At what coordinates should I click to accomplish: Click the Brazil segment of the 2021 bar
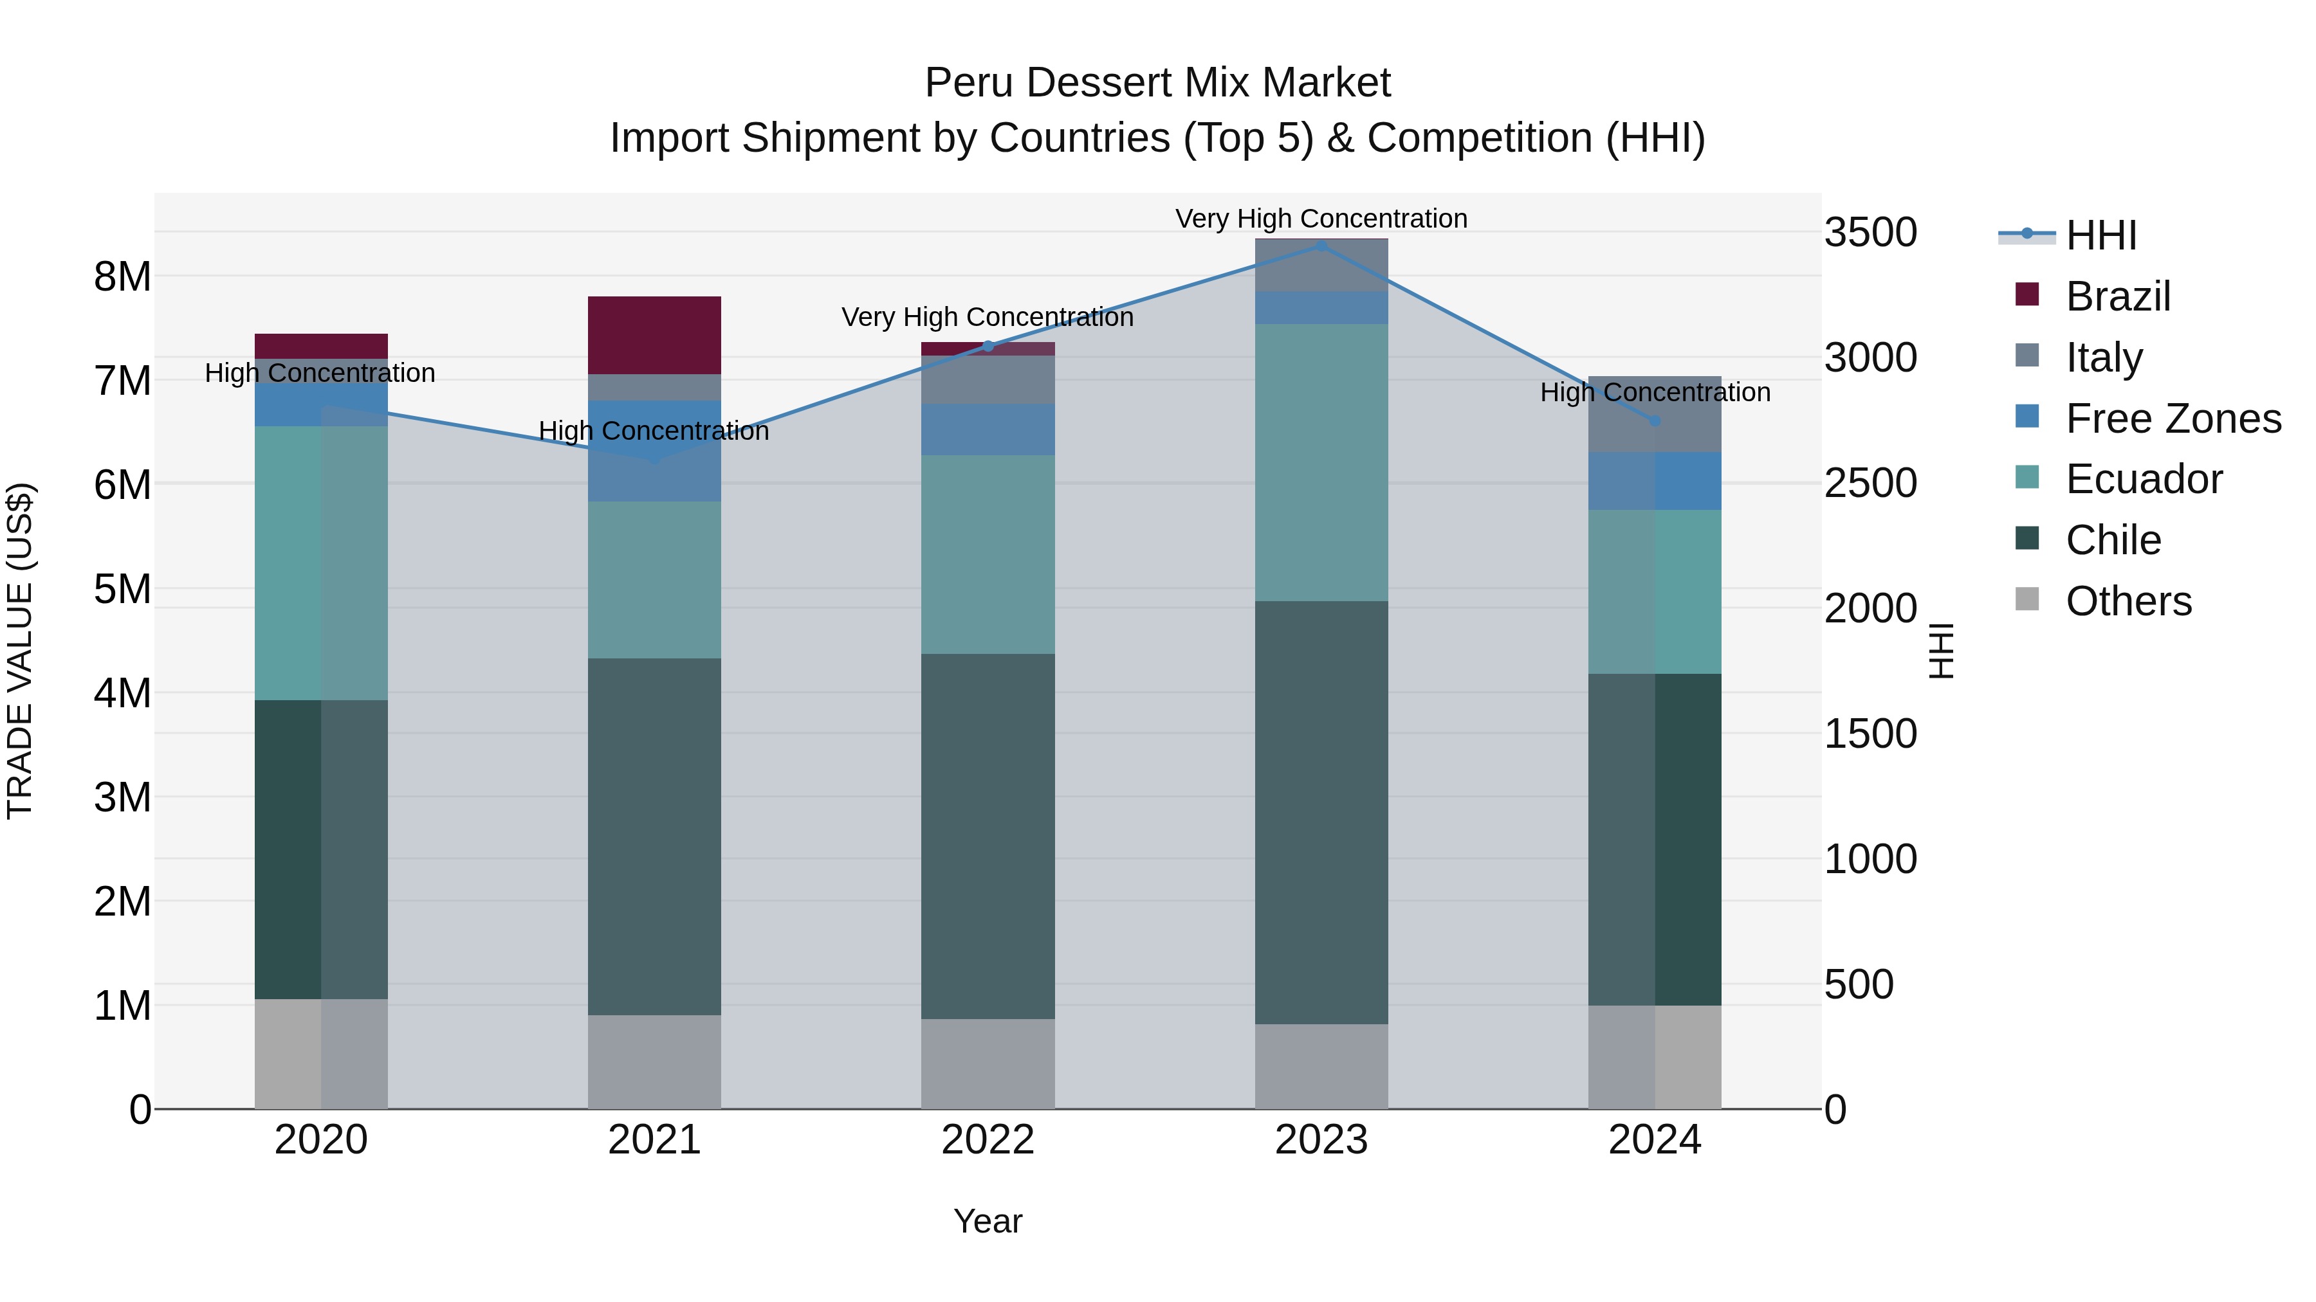tap(654, 334)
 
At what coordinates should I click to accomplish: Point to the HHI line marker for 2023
tap(1321, 246)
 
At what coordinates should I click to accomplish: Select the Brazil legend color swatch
tap(2026, 294)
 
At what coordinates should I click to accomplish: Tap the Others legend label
tap(2128, 601)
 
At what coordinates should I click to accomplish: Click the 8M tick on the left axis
tap(122, 276)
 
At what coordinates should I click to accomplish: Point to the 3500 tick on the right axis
tap(1870, 233)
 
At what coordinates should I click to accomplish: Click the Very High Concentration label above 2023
tap(1321, 219)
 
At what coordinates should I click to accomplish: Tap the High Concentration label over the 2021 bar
tap(654, 431)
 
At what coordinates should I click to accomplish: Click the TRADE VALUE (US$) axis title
tap(20, 651)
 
